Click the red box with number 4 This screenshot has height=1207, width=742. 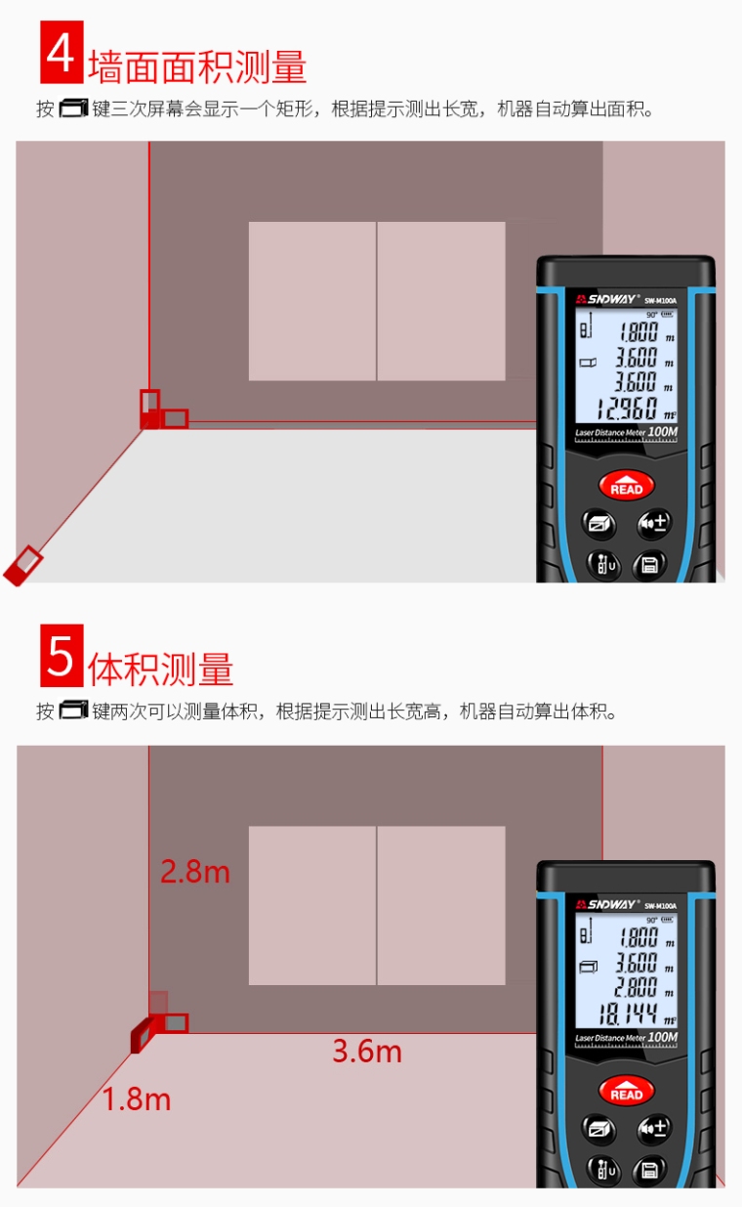coord(61,53)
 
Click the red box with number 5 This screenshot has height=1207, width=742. coord(61,656)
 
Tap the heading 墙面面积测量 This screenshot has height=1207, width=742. coord(197,66)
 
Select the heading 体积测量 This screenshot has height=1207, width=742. coord(161,669)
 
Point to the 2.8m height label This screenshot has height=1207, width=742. coord(195,871)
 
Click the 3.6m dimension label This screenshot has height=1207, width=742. coord(367,1051)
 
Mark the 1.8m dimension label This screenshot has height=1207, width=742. coord(137,1099)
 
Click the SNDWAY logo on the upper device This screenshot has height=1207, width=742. coord(605,300)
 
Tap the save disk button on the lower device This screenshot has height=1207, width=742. coord(649,1168)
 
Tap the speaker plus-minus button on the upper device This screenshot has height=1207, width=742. coord(654,524)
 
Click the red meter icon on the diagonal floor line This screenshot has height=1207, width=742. coord(23,564)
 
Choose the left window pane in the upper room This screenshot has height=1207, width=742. coord(311,301)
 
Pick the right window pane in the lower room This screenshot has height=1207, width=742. coord(441,905)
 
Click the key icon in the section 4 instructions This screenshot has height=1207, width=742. coord(73,108)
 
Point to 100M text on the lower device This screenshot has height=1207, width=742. coord(663,1037)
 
